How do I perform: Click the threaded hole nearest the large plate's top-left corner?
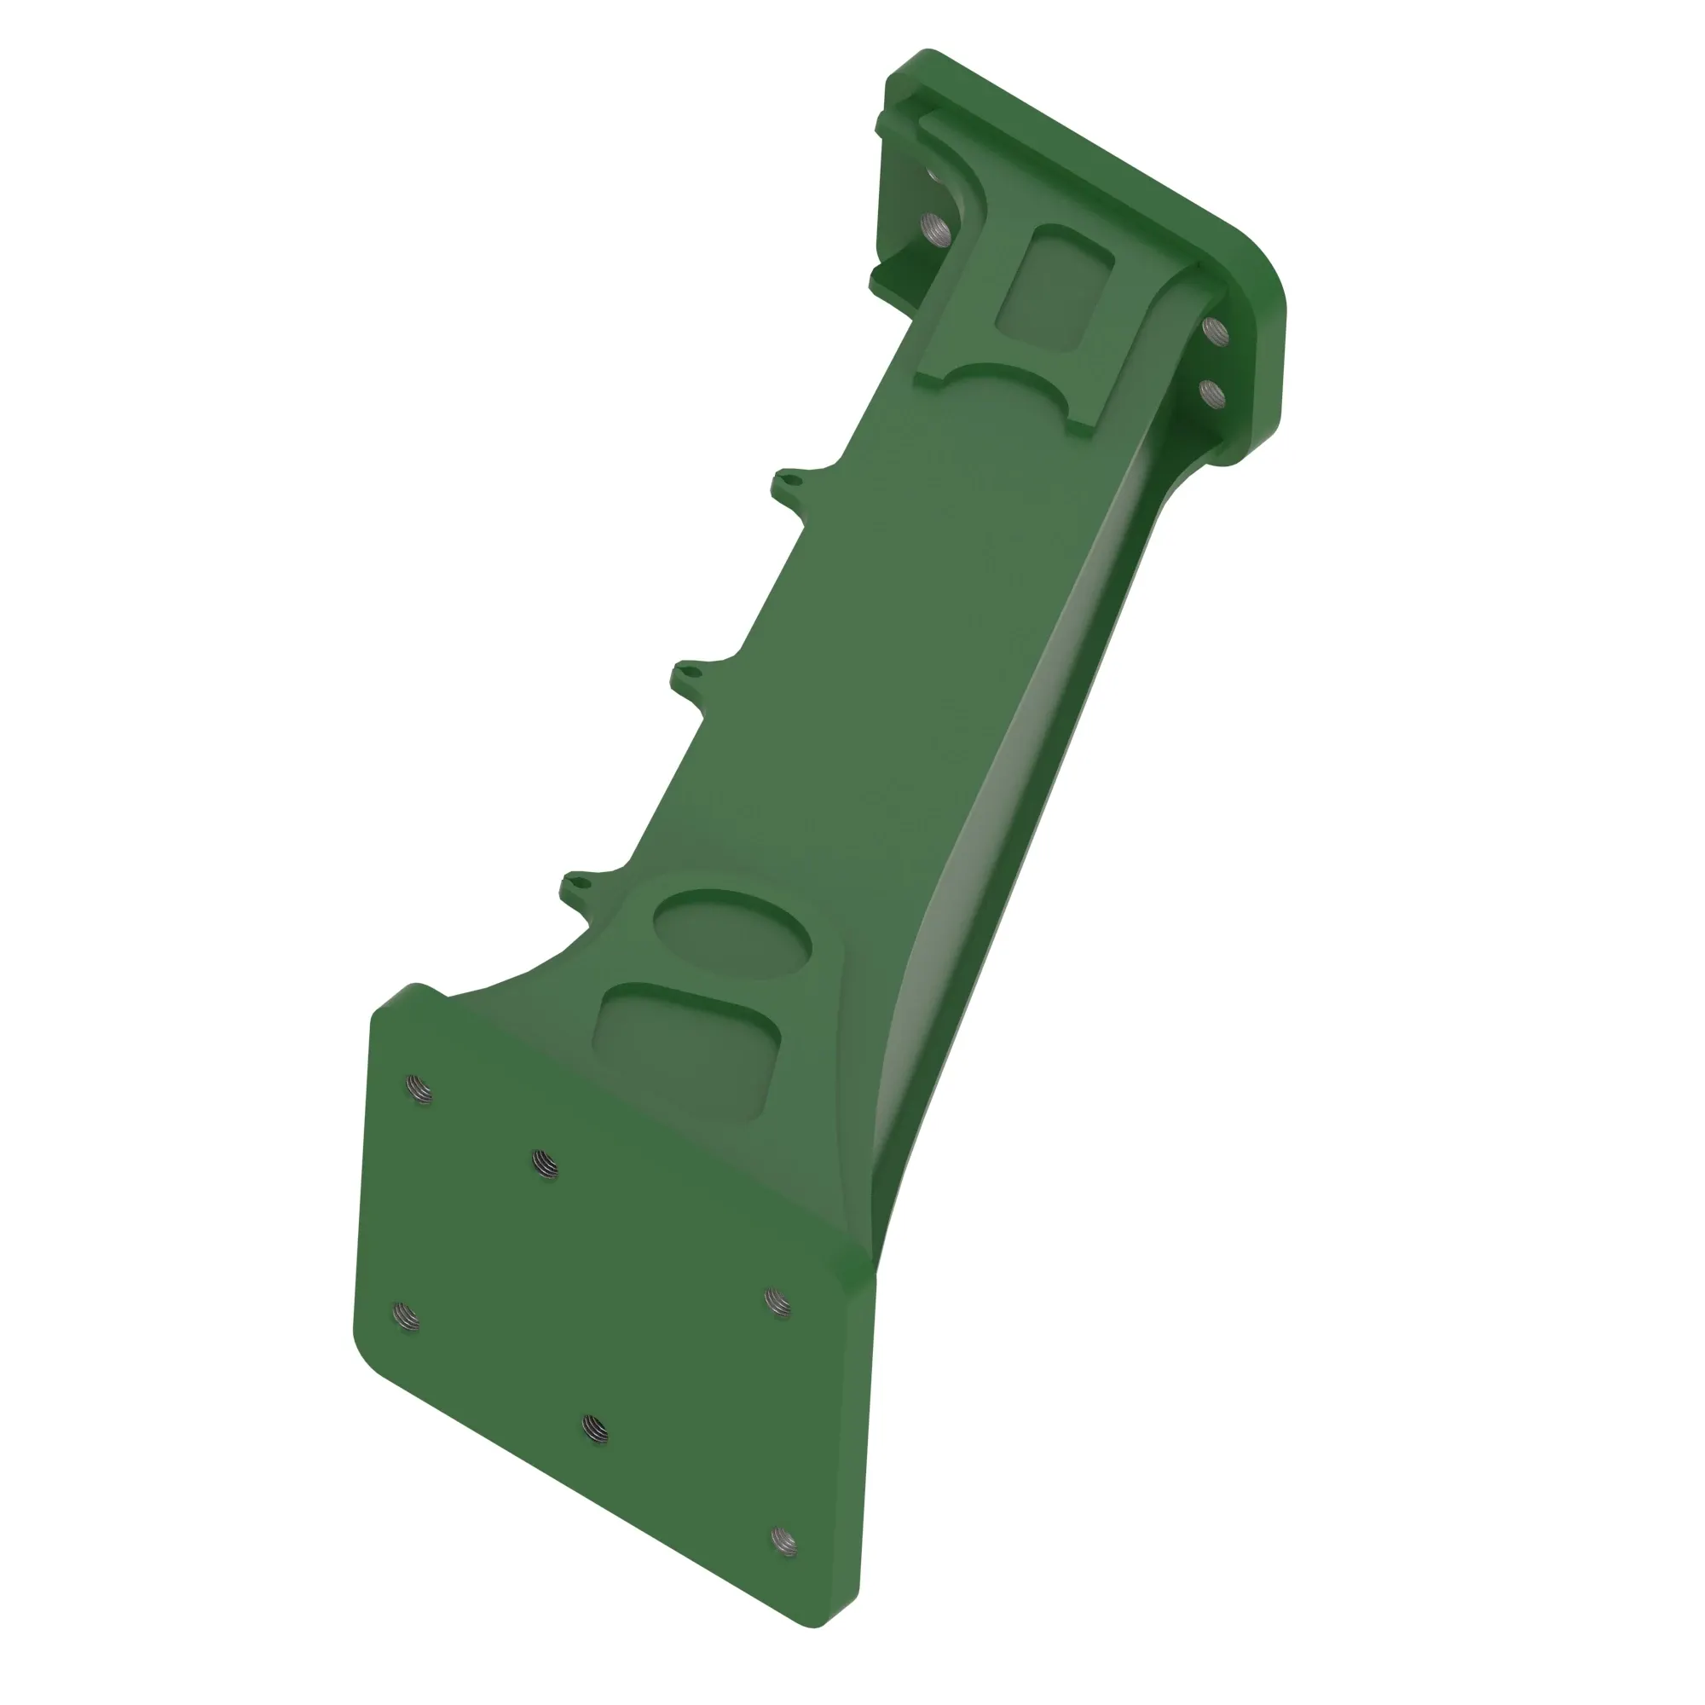[x=421, y=1091]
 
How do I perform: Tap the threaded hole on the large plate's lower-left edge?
[x=405, y=1317]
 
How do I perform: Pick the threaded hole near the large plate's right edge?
[x=777, y=1302]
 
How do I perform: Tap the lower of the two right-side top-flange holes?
[x=1214, y=392]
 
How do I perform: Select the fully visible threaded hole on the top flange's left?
[x=935, y=229]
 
